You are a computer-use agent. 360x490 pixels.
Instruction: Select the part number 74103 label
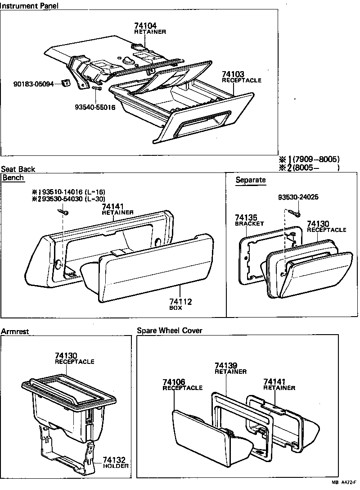233,74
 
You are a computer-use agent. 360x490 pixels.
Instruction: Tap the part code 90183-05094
33,84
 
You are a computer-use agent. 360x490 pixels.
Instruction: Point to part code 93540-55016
95,108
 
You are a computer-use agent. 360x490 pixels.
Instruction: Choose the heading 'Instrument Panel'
29,5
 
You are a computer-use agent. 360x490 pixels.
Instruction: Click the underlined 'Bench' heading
13,178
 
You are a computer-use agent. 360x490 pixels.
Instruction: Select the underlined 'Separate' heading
251,180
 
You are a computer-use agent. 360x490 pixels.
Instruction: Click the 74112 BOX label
180,304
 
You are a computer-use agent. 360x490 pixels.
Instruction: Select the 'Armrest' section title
15,331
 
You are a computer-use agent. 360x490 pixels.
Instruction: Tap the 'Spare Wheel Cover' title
170,331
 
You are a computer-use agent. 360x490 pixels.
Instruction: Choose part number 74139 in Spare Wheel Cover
226,366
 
